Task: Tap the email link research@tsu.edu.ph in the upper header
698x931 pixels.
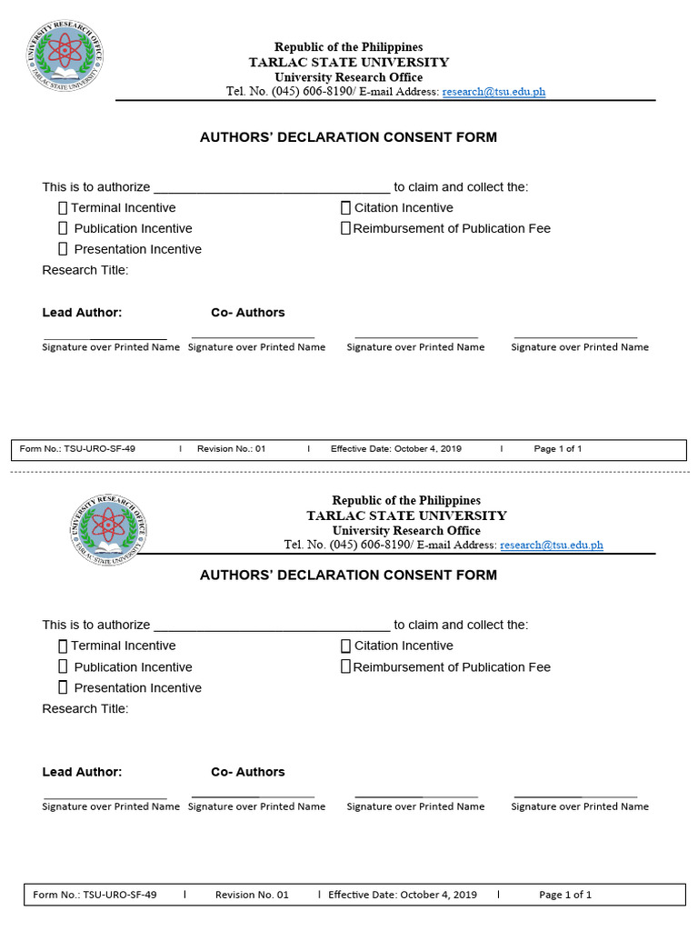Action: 494,92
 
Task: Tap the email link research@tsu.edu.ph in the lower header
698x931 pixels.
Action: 551,546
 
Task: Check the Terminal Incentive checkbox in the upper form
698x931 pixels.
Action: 64,208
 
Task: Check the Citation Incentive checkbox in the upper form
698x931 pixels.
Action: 345,208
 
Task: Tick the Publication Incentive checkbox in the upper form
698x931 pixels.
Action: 64,228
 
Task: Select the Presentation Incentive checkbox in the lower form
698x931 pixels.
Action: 64,687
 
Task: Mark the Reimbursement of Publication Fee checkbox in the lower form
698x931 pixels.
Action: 345,666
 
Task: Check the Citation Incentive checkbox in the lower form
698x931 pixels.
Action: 345,646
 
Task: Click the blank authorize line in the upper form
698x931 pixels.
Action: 272,189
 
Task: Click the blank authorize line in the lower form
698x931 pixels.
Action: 272,626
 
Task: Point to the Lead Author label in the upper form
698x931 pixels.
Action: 82,313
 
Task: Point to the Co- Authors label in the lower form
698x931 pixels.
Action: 247,772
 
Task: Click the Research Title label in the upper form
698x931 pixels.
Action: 85,270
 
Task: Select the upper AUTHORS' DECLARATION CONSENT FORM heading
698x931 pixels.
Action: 348,137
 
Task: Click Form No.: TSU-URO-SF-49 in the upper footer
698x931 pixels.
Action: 77,449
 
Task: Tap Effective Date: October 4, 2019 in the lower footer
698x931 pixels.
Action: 402,895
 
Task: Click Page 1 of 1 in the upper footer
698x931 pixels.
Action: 557,449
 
